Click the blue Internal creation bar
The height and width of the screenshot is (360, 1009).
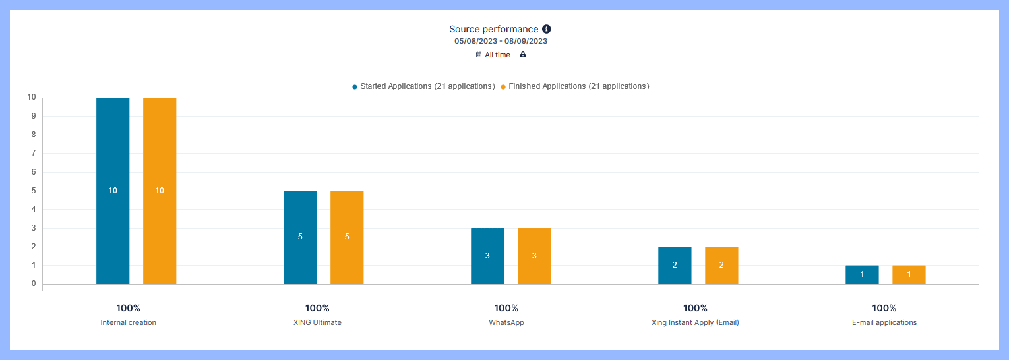click(x=113, y=191)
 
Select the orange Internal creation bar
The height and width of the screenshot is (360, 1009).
click(x=160, y=191)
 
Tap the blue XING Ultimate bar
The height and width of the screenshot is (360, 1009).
click(x=300, y=237)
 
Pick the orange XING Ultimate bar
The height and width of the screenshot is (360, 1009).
click(x=347, y=237)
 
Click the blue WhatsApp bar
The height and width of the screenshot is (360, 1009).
click(x=487, y=256)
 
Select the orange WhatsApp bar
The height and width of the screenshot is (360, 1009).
click(x=534, y=256)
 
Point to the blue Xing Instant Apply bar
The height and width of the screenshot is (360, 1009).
click(x=675, y=265)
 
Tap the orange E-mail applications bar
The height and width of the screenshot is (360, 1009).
click(x=909, y=274)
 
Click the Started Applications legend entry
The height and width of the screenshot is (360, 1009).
click(x=423, y=86)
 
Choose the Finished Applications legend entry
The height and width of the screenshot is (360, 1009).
click(x=575, y=86)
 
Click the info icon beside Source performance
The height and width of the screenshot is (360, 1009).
click(x=546, y=29)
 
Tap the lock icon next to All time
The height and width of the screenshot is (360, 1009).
click(x=523, y=55)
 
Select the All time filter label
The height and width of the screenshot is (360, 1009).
click(x=497, y=55)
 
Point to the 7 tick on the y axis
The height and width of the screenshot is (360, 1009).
click(x=32, y=153)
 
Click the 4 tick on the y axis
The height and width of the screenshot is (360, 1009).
click(x=32, y=209)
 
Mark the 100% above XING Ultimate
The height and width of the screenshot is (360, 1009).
click(x=317, y=308)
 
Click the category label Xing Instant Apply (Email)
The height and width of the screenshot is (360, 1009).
click(x=695, y=323)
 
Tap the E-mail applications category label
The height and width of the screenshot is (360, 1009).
click(x=884, y=323)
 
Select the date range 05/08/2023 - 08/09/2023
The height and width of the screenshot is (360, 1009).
click(x=501, y=41)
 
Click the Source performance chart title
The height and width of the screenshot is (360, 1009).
click(x=494, y=29)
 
